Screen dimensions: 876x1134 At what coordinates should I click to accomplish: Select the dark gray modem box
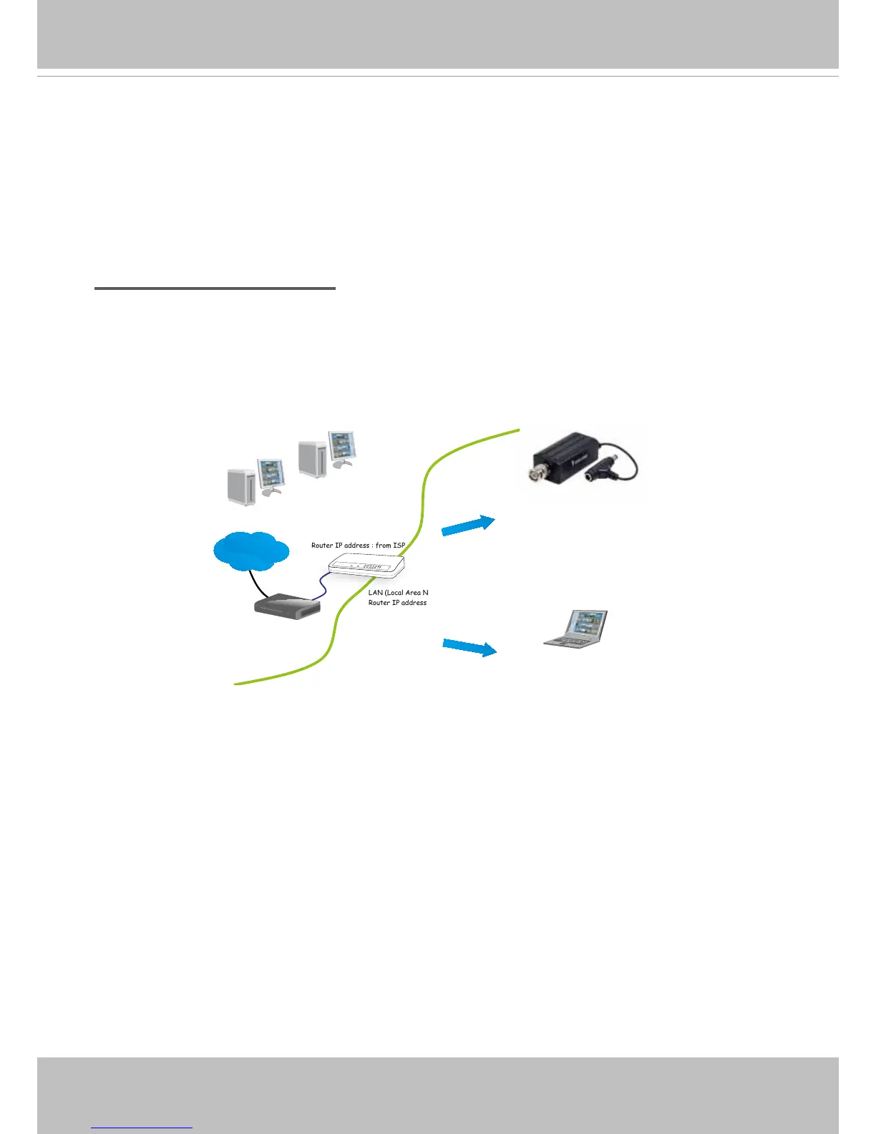(287, 607)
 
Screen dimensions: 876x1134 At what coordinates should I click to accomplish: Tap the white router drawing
(366, 566)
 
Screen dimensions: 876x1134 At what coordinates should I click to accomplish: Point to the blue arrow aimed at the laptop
(469, 647)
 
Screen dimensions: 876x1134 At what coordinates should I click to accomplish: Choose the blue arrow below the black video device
(468, 525)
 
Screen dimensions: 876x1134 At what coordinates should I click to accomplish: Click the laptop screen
(586, 623)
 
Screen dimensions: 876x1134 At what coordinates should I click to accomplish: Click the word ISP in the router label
(399, 546)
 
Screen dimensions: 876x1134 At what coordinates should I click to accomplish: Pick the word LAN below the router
(375, 593)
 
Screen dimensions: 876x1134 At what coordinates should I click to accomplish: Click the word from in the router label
(383, 546)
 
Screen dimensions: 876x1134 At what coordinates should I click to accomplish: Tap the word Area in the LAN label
(413, 593)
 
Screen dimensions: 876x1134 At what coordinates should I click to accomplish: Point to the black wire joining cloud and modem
(258, 583)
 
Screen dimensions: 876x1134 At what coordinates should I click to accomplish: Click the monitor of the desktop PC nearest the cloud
(271, 474)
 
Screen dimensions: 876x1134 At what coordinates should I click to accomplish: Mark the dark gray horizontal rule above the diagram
(215, 289)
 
